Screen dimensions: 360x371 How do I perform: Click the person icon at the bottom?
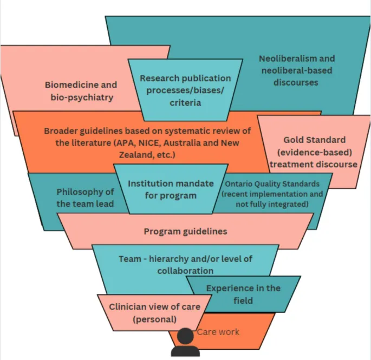point(186,343)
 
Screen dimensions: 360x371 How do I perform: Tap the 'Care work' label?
point(218,332)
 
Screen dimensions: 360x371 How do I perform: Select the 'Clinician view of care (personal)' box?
point(154,313)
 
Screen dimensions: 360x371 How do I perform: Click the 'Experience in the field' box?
point(243,293)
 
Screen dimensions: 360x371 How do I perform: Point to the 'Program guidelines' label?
point(185,232)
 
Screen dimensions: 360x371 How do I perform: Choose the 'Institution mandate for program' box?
point(171,189)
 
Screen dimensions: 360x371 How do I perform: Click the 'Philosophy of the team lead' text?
point(85,198)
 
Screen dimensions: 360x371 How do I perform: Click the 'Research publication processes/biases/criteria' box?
point(185,90)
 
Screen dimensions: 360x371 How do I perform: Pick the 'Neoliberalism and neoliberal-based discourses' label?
point(296,70)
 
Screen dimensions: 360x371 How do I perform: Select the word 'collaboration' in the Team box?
point(185,271)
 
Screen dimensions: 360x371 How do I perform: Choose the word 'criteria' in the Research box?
point(185,102)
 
